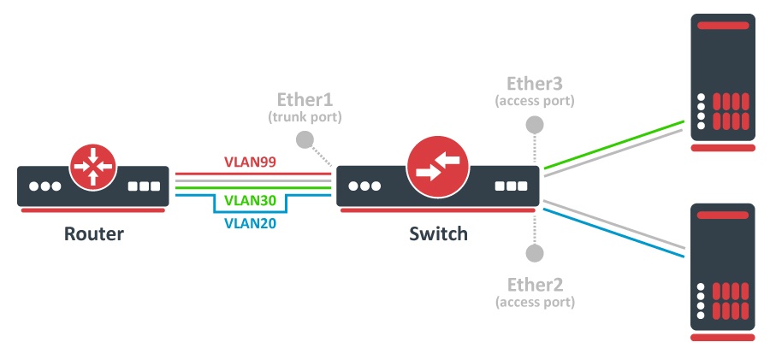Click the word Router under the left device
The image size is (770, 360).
point(93,233)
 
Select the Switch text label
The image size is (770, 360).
point(438,233)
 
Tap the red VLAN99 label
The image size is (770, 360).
point(251,160)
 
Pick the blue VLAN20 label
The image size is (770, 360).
point(250,224)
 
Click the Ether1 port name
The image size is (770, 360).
point(305,98)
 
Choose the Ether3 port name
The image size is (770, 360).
point(535,84)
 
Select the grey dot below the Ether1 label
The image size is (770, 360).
point(303,139)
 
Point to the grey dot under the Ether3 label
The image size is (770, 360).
point(535,125)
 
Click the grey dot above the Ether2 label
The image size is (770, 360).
point(535,253)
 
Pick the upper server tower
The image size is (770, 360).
point(724,81)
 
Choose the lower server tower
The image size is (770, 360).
point(724,271)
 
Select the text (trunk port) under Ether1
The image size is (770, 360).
point(305,115)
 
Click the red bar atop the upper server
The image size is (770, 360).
point(724,26)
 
